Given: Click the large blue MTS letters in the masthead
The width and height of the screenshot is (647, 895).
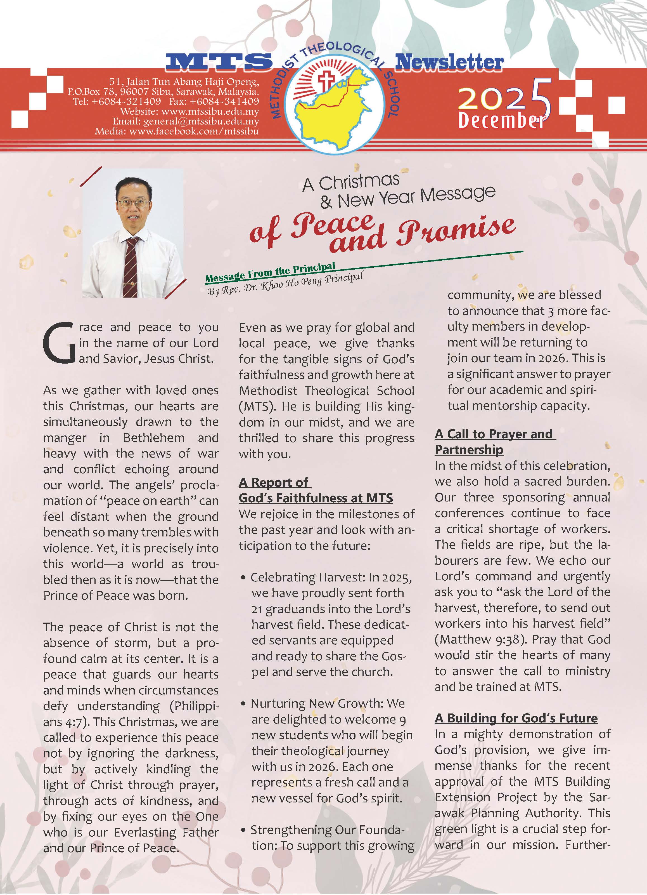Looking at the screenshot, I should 219,62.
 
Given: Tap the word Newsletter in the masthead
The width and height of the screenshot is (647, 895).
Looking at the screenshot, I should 449,62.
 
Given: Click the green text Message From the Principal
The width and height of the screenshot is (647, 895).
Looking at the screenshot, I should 270,272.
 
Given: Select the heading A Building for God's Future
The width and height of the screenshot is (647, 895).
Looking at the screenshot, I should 516,718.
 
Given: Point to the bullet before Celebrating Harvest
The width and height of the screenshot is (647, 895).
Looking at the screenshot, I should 243,578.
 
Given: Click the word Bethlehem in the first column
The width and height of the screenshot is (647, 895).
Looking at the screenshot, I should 153,438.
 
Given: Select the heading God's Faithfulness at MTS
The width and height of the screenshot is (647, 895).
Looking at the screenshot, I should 316,498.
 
